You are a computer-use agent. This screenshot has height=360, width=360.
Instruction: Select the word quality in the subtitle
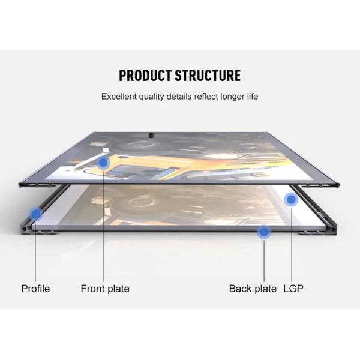(x=157, y=97)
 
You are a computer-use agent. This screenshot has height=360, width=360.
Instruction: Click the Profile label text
(x=35, y=289)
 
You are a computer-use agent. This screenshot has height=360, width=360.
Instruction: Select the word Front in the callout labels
(x=93, y=289)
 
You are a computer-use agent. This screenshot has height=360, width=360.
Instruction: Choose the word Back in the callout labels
(x=240, y=289)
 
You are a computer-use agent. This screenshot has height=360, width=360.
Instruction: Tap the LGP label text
(x=293, y=289)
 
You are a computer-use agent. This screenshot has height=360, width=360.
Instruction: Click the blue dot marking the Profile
(x=36, y=213)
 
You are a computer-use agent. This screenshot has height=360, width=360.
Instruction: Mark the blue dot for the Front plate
(x=104, y=163)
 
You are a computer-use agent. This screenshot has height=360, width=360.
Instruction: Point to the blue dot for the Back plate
(x=263, y=231)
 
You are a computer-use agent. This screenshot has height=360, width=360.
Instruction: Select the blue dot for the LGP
(x=292, y=200)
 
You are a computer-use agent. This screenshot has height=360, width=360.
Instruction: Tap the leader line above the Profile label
(x=36, y=252)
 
